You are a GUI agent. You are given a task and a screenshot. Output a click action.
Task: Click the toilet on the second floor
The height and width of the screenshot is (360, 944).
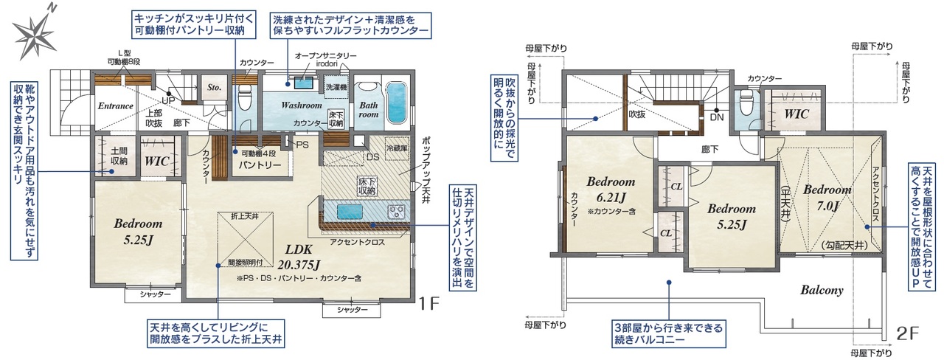746,103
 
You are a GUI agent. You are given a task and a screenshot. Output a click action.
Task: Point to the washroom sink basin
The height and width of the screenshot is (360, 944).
305,83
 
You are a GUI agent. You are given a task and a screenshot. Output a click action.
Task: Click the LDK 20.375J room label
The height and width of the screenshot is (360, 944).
299,257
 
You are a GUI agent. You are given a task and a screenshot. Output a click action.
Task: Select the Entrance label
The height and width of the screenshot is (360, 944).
116,105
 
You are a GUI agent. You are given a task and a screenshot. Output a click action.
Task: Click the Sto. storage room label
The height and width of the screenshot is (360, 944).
214,88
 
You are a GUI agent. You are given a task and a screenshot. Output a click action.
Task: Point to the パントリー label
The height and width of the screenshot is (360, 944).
260,165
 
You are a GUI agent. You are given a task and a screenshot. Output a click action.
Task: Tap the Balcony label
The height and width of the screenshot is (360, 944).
822,290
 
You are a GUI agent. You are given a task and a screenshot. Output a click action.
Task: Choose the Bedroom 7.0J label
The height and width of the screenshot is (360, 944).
827,198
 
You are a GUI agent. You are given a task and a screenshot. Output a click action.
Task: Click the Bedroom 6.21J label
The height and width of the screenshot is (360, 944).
611,190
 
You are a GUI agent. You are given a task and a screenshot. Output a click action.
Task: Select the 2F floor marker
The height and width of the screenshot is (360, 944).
907,334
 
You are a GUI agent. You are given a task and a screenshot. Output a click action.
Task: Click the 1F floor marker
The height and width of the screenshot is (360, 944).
429,302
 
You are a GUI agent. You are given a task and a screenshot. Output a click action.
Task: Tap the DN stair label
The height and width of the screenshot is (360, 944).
716,117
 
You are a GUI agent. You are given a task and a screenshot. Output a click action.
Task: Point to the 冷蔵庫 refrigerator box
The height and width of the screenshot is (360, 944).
397,148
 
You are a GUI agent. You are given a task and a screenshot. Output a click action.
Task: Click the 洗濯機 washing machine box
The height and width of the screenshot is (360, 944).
336,87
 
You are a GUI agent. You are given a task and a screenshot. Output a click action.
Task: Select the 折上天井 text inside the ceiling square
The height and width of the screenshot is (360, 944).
245,216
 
